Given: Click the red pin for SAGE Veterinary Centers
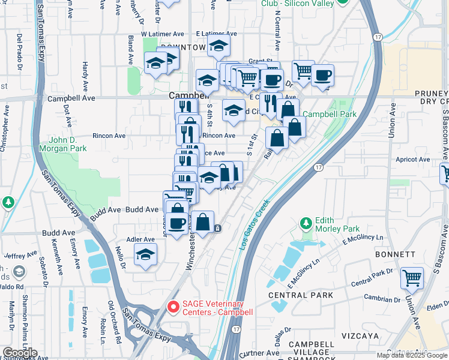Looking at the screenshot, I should [173, 307].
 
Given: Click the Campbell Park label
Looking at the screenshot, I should [329, 114].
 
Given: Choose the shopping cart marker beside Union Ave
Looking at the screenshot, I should [412, 278].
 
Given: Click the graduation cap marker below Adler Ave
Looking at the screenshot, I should [145, 256].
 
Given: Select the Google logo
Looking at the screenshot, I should [20, 353].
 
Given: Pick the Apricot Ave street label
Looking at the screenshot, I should [414, 160].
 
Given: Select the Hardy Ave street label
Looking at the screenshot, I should [86, 73].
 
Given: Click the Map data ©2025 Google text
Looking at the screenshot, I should [411, 355].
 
